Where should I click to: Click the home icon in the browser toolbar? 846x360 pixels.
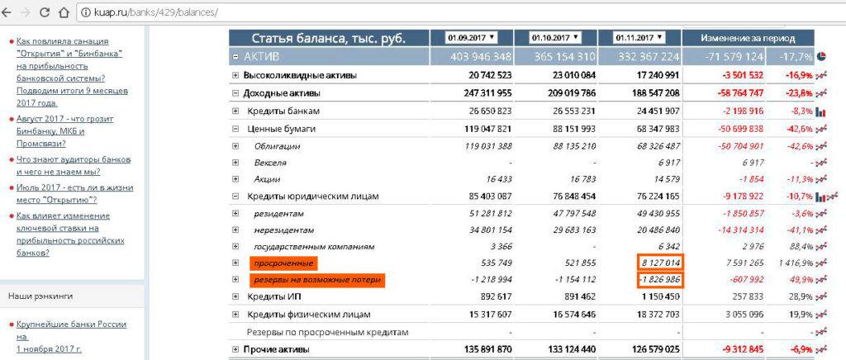click(x=64, y=13)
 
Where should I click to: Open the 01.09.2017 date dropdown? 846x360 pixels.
click(x=471, y=37)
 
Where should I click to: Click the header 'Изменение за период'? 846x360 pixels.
click(x=748, y=38)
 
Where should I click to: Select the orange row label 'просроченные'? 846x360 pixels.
click(x=283, y=263)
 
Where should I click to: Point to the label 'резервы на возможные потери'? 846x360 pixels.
click(x=317, y=280)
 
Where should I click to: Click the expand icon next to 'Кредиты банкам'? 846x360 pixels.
click(x=235, y=111)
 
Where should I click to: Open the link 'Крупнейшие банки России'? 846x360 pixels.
click(x=71, y=324)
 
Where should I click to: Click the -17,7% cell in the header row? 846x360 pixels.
click(x=790, y=57)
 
